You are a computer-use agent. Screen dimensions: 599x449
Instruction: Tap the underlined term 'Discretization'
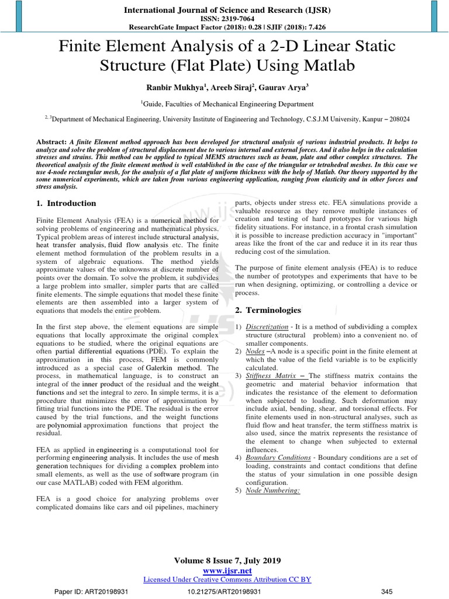[x=267, y=326]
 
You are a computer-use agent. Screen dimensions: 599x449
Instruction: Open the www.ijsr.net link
[x=227, y=570]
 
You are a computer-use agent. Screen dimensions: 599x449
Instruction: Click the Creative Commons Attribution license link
[x=227, y=579]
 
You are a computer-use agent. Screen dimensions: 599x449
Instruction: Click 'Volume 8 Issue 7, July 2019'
[x=227, y=561]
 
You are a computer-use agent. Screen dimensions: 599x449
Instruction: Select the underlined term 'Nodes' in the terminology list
[x=256, y=350]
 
